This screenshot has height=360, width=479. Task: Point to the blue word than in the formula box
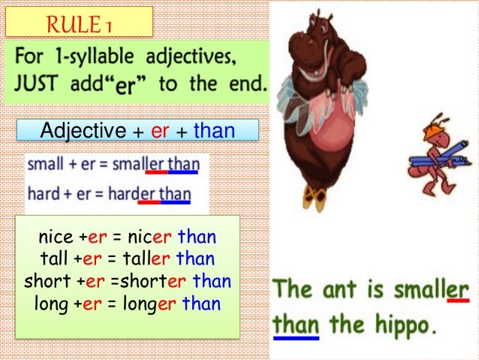coord(214,131)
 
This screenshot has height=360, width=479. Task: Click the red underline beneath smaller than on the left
coord(155,172)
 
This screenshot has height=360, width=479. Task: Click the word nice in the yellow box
coord(55,238)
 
